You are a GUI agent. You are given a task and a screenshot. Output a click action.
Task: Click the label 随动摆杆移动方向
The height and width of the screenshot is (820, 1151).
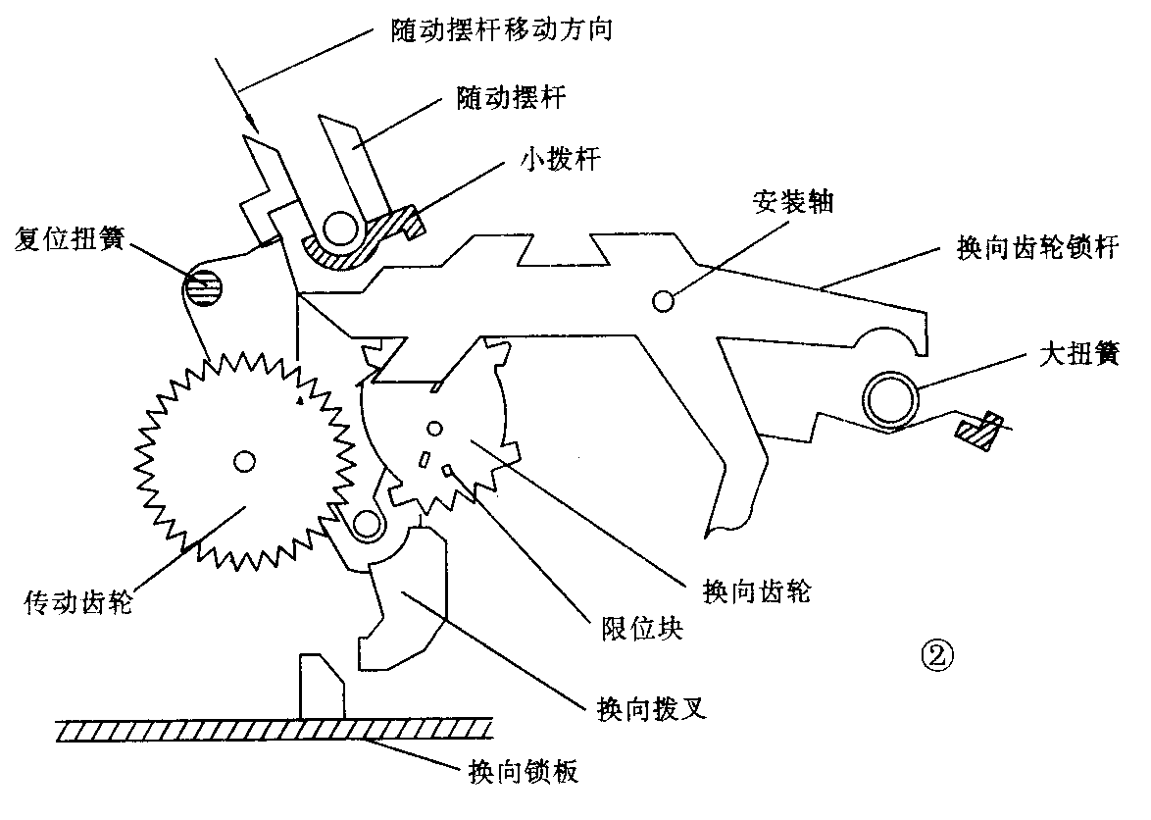pos(495,29)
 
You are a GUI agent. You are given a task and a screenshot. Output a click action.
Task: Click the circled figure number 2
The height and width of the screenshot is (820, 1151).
pos(928,652)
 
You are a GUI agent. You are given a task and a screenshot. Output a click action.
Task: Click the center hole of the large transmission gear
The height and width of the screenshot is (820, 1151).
pos(243,459)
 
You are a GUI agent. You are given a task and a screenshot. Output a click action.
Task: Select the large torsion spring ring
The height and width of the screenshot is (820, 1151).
pos(893,400)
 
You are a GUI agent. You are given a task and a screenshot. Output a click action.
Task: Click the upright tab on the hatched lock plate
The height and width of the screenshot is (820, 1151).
pos(322,687)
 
